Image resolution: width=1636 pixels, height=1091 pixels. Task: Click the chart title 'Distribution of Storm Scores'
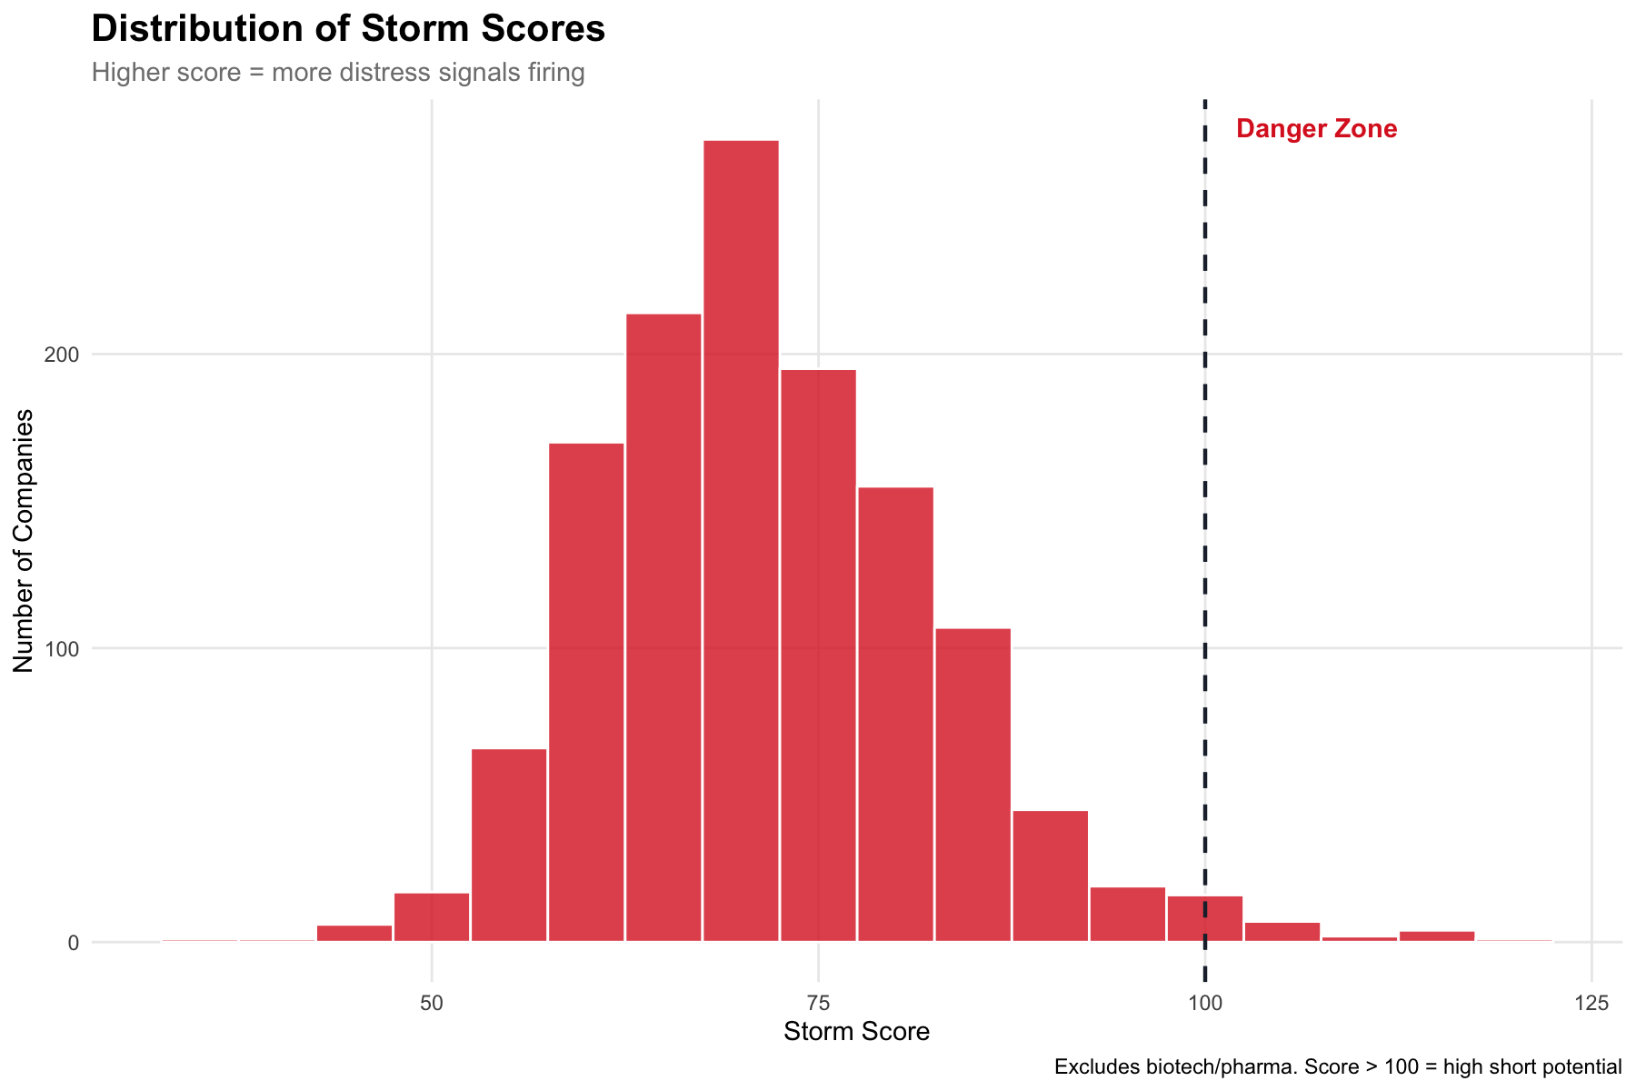[348, 29]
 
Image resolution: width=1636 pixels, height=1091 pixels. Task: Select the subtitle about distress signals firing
[338, 73]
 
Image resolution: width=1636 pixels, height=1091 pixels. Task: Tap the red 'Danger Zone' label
[1316, 129]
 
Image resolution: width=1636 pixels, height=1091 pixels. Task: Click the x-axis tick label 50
[432, 1003]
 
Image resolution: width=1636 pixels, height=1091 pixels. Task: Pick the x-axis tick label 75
[819, 1003]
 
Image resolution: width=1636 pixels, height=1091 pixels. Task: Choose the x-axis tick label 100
[1205, 1003]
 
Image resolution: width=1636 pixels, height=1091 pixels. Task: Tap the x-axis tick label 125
[1591, 1003]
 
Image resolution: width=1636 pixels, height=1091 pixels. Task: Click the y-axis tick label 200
[65, 355]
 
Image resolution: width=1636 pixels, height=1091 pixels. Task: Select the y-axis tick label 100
[65, 649]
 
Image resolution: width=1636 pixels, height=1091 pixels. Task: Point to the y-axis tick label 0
[73, 943]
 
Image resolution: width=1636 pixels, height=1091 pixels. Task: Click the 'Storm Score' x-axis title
[856, 1032]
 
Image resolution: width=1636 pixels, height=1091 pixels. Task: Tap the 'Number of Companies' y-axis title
[24, 541]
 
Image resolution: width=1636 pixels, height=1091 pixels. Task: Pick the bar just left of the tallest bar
[663, 627]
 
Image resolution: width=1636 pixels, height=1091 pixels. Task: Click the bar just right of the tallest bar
[818, 656]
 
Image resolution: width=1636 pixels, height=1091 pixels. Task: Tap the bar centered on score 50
[432, 918]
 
